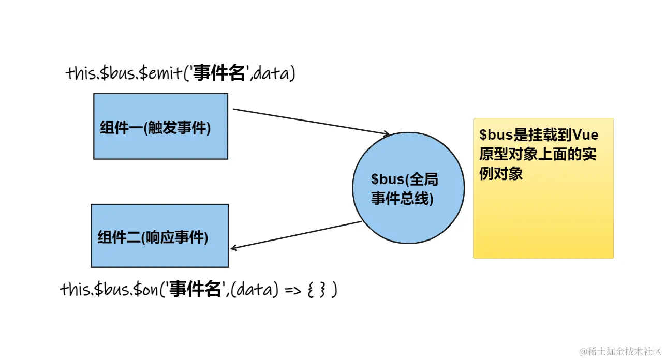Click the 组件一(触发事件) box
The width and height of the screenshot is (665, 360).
pos(160,126)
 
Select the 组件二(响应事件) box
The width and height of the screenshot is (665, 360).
pos(159,236)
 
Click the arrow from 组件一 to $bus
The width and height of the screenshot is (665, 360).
pos(311,122)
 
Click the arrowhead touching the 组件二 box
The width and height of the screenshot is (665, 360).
pos(233,248)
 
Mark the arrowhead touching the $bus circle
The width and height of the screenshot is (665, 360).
pos(386,134)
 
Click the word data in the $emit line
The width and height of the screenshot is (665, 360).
pos(272,74)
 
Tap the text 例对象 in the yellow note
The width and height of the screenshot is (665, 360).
pos(500,173)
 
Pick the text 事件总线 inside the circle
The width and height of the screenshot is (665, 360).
pos(402,199)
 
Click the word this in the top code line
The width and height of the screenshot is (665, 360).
pos(80,73)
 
